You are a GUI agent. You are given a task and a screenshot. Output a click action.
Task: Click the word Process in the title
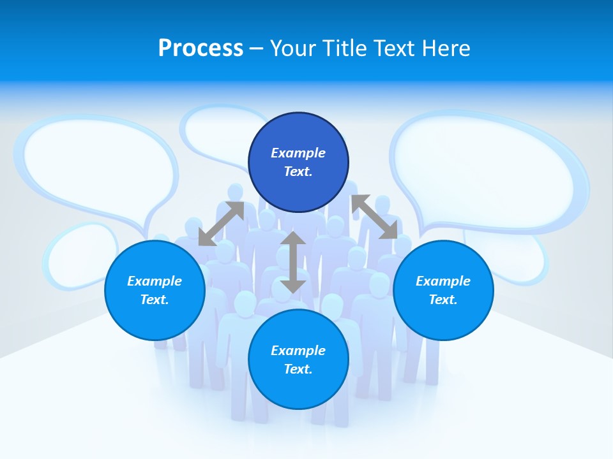(201, 48)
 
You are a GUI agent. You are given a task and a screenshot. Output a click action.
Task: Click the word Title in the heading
(344, 48)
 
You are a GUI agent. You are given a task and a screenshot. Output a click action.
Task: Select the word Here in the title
(445, 48)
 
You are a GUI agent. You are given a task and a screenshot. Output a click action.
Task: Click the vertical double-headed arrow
(293, 262)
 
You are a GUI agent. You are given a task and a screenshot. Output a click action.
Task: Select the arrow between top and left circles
(221, 224)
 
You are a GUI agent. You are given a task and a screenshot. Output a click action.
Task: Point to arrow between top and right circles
(374, 217)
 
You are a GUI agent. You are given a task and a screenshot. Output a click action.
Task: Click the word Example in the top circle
(298, 153)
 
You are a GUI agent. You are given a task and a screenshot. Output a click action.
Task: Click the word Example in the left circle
(155, 281)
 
